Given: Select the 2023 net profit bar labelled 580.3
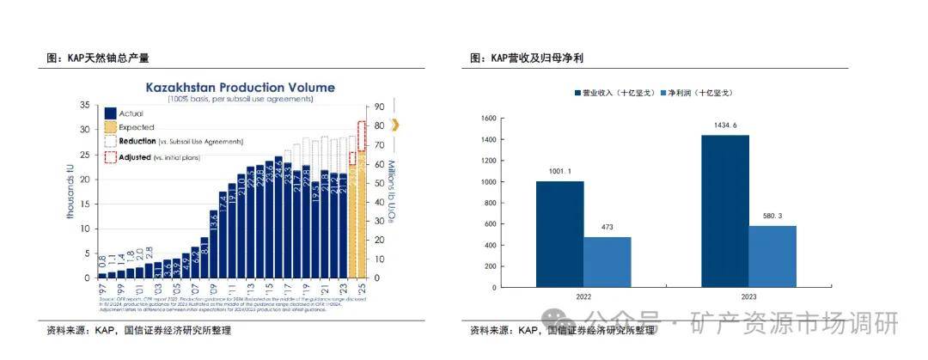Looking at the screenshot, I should (x=772, y=256).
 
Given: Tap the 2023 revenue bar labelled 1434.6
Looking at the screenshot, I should (x=724, y=211).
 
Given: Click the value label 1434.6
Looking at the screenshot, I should (x=724, y=125).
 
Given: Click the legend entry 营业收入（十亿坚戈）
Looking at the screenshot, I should (x=616, y=92).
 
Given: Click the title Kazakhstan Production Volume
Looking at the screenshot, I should (x=240, y=88).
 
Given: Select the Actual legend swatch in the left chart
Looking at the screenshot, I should (x=110, y=113).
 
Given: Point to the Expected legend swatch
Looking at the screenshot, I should (x=110, y=127).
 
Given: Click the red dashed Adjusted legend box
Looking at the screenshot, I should (x=110, y=156).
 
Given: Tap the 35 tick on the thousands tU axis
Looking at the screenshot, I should (x=84, y=105).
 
